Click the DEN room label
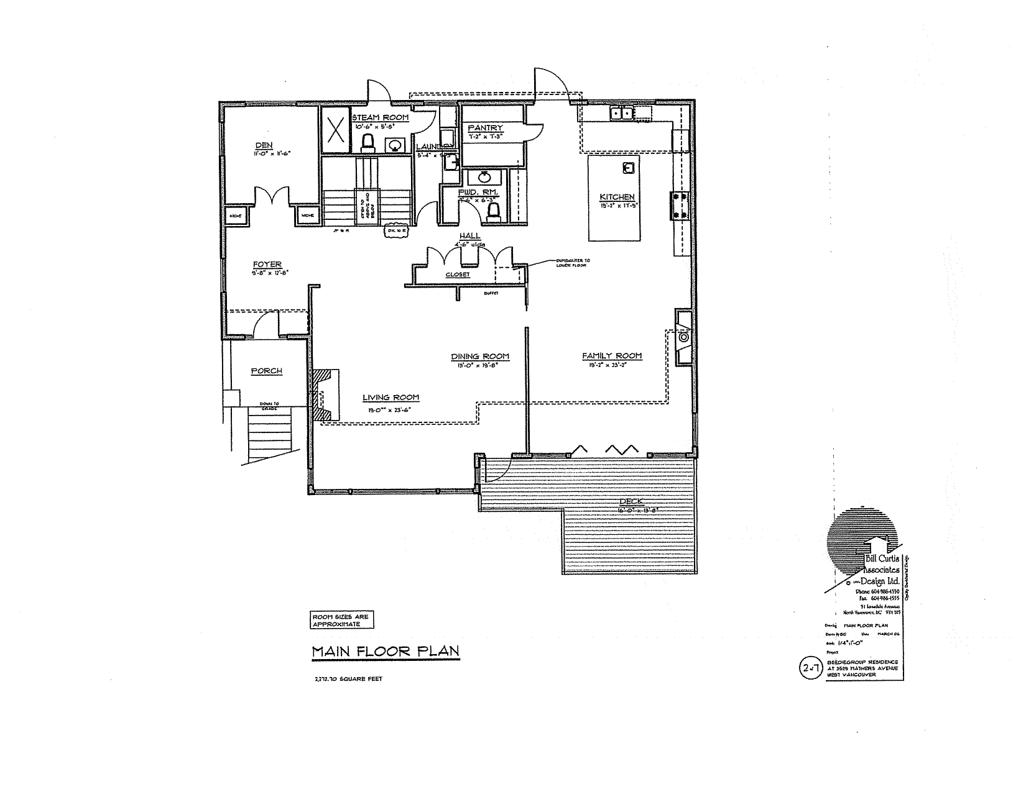264,146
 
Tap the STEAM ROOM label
381,117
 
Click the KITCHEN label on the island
617,198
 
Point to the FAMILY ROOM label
612,356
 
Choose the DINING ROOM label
480,357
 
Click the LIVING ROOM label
391,398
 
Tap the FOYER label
267,265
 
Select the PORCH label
267,371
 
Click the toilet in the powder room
494,213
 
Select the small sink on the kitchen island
628,167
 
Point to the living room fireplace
325,396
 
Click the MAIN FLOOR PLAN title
385,651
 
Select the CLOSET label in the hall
457,274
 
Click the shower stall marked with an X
336,130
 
